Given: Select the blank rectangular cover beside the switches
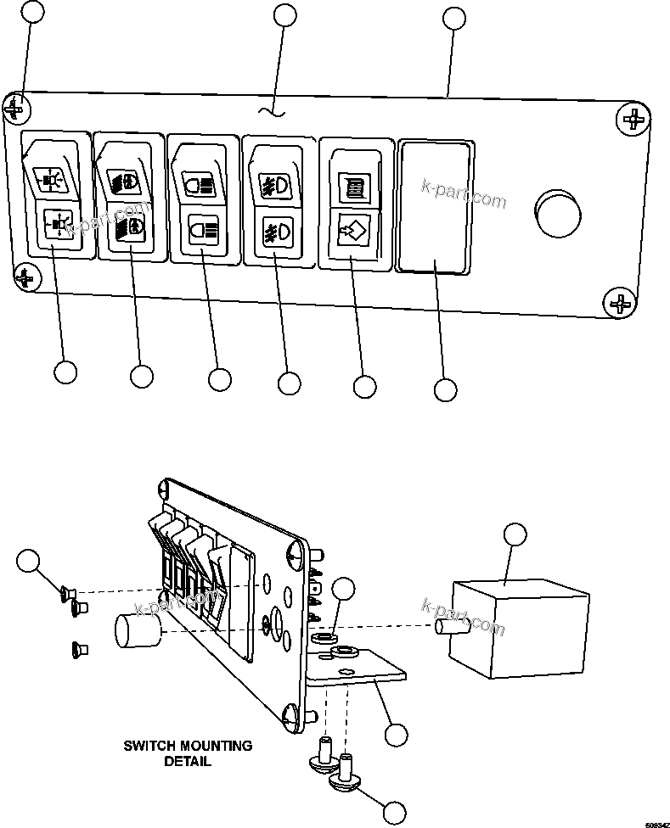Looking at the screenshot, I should (x=435, y=208).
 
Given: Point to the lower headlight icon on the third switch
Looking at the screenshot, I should (x=204, y=230).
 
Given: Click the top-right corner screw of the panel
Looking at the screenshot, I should (x=633, y=119).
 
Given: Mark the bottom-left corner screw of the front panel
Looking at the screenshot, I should (x=26, y=277).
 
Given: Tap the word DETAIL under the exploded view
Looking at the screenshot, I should (x=187, y=761).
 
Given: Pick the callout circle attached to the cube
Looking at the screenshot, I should (x=515, y=534).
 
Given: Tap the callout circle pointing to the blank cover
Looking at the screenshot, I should (x=445, y=389).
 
